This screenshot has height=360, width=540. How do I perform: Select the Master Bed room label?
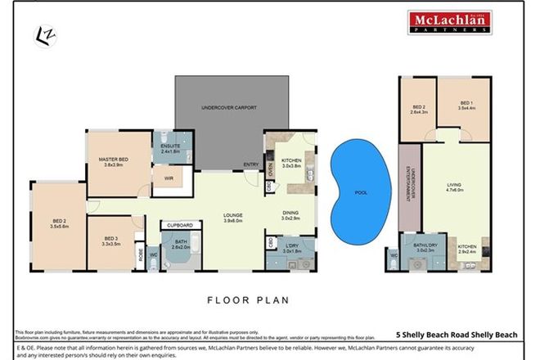119,161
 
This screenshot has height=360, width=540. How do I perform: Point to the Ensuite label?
171,148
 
